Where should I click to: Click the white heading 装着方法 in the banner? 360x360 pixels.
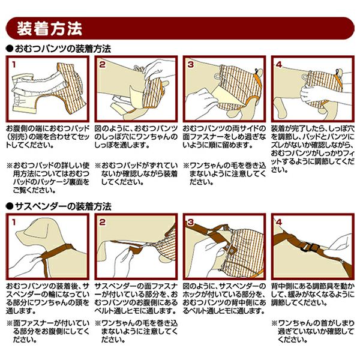click(49, 28)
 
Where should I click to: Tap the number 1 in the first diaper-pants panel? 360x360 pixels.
click(14, 65)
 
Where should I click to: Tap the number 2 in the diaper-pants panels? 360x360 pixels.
click(102, 65)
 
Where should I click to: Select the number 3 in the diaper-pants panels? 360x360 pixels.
click(191, 65)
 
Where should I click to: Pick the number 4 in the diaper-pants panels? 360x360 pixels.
click(279, 65)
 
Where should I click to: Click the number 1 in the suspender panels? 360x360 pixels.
click(14, 222)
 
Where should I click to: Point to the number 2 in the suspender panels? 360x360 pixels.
click(102, 222)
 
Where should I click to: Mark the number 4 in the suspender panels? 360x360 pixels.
click(279, 222)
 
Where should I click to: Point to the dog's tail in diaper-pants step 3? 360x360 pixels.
click(258, 73)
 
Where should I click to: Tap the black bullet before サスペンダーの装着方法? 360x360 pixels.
click(10, 206)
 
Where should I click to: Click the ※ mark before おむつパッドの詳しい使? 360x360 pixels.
click(9, 165)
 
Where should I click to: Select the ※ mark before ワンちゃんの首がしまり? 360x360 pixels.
click(274, 323)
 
